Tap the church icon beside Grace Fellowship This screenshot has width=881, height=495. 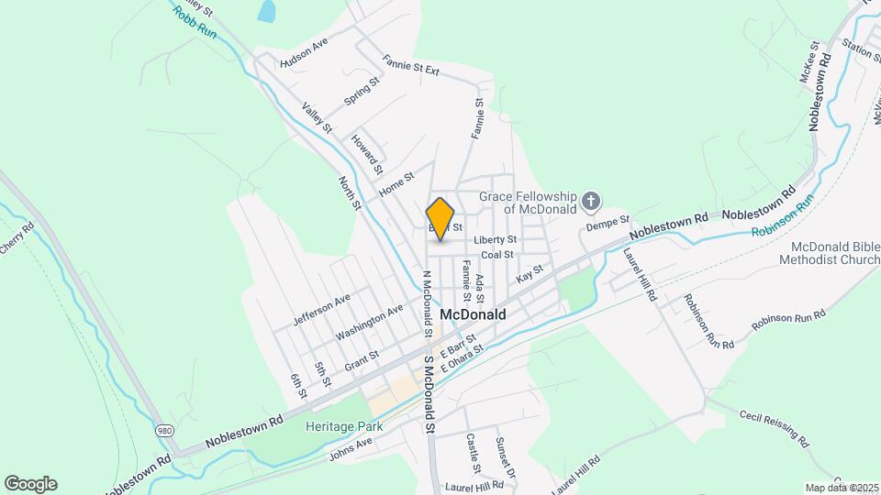(592, 201)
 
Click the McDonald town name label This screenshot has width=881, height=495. (474, 313)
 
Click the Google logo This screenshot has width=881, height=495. (30, 483)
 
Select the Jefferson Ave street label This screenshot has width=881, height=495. (322, 309)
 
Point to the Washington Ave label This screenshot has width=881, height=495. (369, 322)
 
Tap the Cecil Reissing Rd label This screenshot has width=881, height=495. (775, 427)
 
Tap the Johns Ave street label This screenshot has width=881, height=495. (351, 446)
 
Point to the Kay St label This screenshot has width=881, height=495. (530, 273)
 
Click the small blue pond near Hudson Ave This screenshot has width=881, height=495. (266, 11)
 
